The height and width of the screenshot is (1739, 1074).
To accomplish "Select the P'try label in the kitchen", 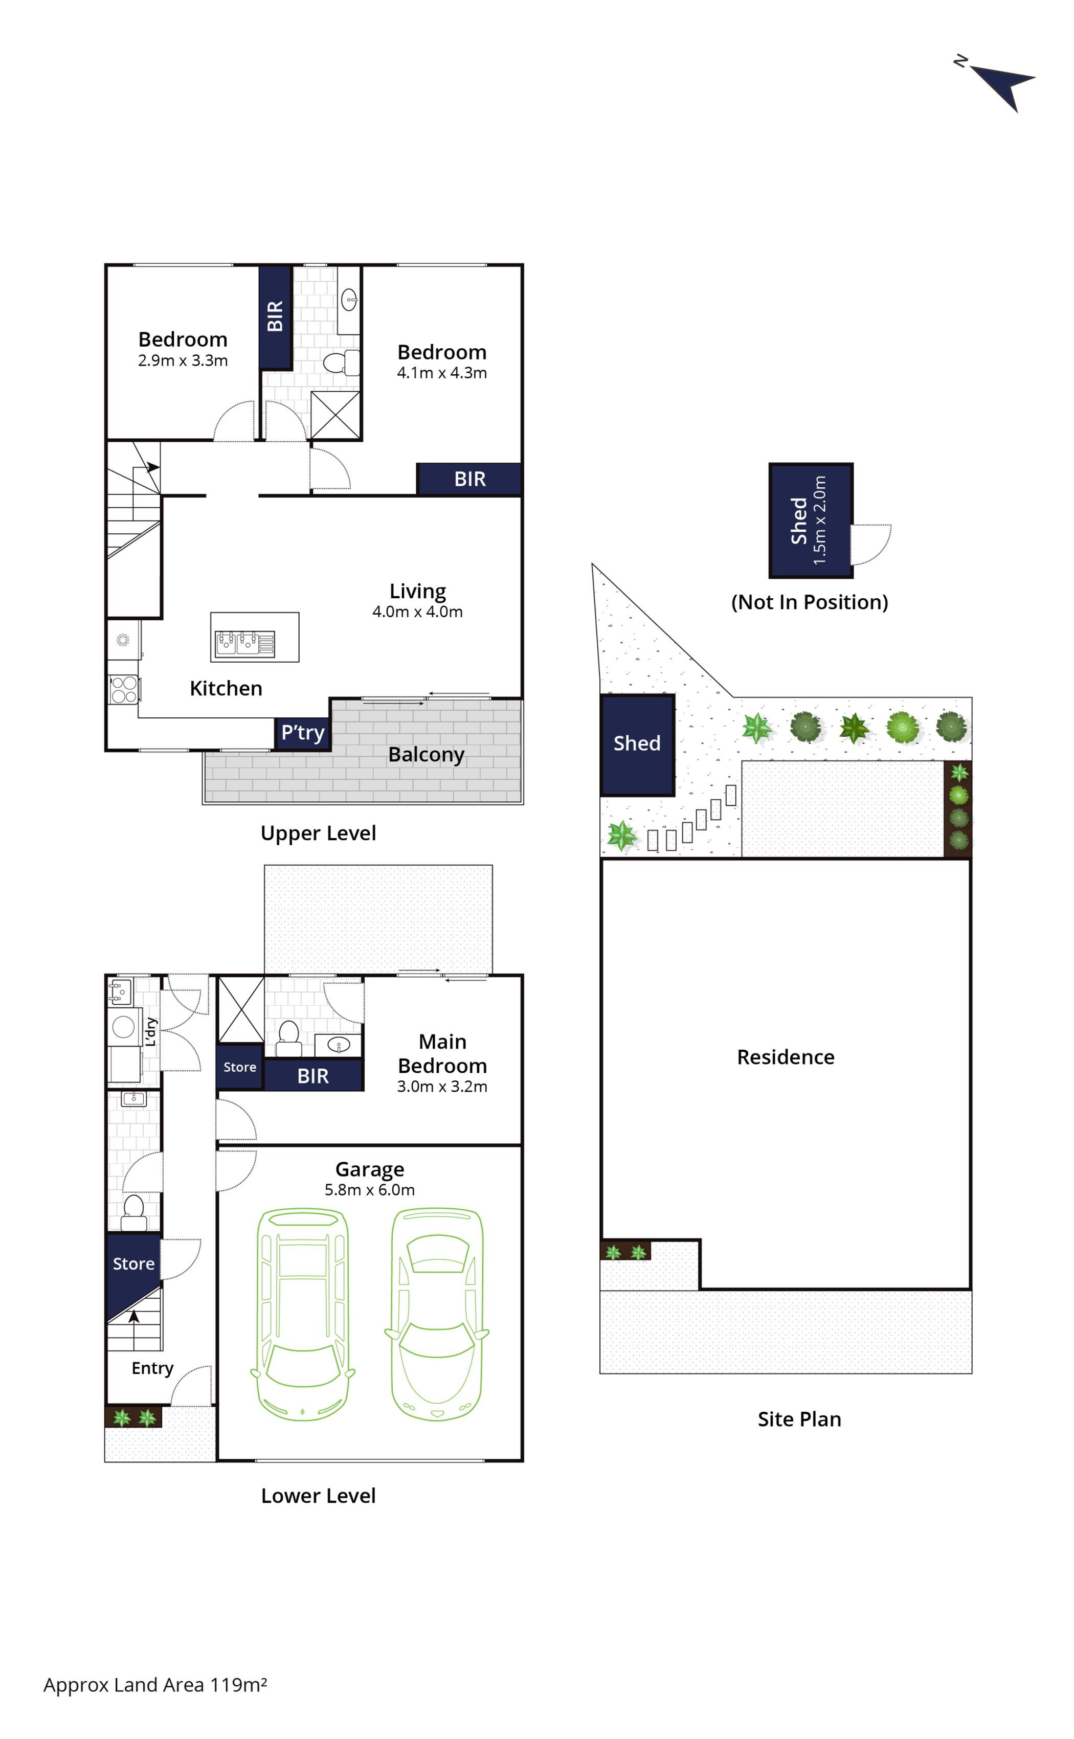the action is (x=303, y=732).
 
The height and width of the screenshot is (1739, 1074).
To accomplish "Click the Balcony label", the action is (x=426, y=755).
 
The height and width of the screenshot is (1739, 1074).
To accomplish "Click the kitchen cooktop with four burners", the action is (x=124, y=689).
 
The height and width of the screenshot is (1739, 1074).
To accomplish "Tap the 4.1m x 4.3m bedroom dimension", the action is (x=442, y=373).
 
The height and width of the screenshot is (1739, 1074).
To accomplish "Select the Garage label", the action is (x=369, y=1169).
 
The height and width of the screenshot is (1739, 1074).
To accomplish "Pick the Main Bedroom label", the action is (x=442, y=1054).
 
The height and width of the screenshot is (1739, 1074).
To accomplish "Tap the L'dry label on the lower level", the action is (x=150, y=1032).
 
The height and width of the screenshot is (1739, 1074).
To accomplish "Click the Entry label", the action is (x=152, y=1368).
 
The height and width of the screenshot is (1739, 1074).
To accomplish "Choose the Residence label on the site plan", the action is (x=786, y=1057).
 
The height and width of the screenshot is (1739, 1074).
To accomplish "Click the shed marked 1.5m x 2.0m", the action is (x=811, y=521).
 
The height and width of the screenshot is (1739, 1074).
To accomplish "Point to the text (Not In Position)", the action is (x=810, y=602).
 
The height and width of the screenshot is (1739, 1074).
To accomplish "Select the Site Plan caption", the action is (x=799, y=1419).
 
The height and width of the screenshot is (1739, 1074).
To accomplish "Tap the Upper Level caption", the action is (x=318, y=833).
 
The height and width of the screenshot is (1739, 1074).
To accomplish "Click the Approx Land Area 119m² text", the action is (x=155, y=1685).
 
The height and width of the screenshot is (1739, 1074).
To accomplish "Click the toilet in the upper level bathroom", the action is (x=342, y=362).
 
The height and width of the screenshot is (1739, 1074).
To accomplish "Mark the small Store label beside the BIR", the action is (x=239, y=1067).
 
